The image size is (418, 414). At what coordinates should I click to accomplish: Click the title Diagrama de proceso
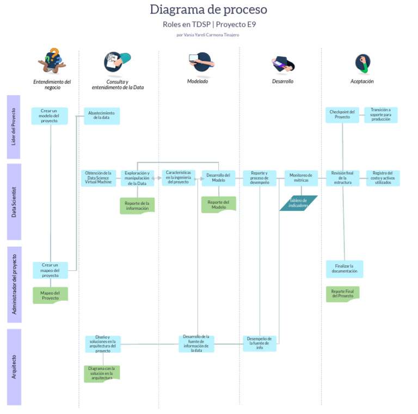(208, 10)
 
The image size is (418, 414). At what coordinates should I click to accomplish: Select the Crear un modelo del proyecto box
(50, 115)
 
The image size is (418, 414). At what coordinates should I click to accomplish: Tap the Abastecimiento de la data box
(101, 115)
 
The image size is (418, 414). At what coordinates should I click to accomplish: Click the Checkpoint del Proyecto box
(342, 114)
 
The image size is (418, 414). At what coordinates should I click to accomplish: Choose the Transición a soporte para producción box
(380, 114)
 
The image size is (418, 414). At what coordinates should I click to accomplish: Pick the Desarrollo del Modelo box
(218, 178)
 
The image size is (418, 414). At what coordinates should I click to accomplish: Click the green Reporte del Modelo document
(218, 204)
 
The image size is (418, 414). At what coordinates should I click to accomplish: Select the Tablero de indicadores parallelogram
(298, 203)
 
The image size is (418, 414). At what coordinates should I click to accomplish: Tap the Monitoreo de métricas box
(300, 178)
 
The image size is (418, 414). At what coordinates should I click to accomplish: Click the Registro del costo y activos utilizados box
(383, 178)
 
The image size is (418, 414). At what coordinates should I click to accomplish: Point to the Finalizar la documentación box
(344, 269)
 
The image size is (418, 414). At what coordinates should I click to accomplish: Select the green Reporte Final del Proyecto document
(342, 294)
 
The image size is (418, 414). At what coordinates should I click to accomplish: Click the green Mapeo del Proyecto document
(50, 295)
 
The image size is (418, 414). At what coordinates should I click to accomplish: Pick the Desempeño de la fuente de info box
(260, 343)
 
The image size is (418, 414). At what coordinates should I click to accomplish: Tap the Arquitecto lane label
(14, 367)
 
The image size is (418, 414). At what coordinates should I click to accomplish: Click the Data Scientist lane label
(14, 202)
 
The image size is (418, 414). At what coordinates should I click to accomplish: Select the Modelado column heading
(198, 81)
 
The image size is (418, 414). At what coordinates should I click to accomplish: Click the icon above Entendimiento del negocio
(52, 61)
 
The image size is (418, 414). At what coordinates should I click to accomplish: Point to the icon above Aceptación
(362, 63)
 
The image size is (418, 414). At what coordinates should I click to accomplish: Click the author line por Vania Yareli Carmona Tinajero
(208, 35)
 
